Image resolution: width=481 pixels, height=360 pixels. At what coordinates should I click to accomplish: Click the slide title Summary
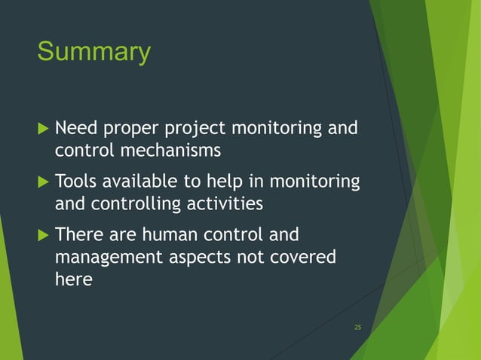93,53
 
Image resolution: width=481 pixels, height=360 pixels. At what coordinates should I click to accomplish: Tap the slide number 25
357,326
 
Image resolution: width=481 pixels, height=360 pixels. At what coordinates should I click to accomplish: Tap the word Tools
77,182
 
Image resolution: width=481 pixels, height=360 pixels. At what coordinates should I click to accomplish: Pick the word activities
225,203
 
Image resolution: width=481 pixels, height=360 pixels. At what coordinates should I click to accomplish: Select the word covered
302,257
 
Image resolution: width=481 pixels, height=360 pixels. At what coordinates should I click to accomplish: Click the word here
74,279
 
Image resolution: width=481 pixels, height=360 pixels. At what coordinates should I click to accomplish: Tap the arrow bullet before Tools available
42,182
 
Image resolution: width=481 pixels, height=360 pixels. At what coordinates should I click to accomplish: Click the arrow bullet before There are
42,235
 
